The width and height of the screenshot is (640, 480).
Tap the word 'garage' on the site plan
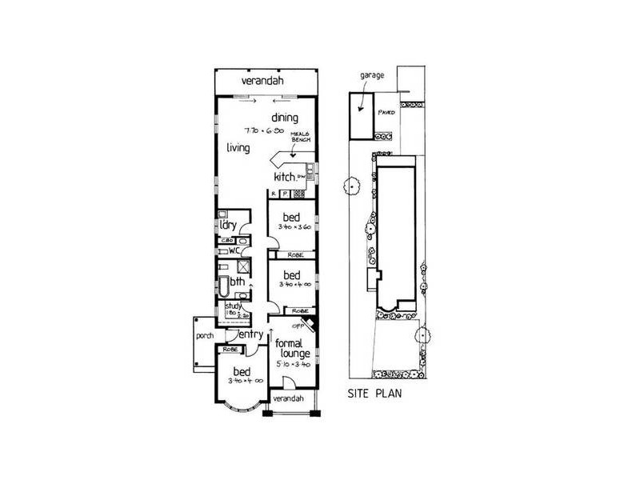[x=371, y=74]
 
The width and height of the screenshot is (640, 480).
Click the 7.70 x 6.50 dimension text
[x=265, y=129]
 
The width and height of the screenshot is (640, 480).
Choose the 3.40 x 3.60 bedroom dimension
[x=292, y=228]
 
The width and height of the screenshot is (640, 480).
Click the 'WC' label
[x=235, y=250]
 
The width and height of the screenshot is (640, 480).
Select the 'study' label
[x=233, y=305]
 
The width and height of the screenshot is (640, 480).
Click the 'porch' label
[x=203, y=337]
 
